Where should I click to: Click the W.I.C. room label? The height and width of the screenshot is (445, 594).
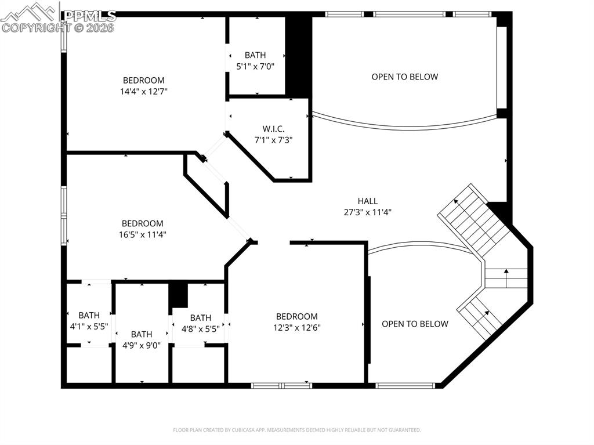pyautogui.click(x=273, y=129)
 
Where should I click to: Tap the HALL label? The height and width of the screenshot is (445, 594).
pyautogui.click(x=367, y=201)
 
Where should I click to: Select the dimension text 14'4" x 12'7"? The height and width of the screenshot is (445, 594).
pyautogui.click(x=143, y=91)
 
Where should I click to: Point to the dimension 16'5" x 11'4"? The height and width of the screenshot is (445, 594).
pyautogui.click(x=143, y=234)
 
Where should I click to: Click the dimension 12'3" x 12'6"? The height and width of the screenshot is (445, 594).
pyautogui.click(x=296, y=327)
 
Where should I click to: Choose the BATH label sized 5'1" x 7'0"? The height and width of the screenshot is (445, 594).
pyautogui.click(x=255, y=55)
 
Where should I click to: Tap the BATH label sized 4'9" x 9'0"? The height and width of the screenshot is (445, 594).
pyautogui.click(x=142, y=334)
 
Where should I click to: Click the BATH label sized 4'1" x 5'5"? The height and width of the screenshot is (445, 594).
pyautogui.click(x=89, y=315)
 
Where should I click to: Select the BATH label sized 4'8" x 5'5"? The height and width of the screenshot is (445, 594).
pyautogui.click(x=200, y=317)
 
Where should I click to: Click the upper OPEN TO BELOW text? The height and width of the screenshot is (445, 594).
pyautogui.click(x=404, y=77)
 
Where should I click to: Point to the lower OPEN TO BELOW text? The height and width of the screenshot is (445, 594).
pyautogui.click(x=415, y=324)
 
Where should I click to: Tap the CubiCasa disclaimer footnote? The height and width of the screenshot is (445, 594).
pyautogui.click(x=296, y=430)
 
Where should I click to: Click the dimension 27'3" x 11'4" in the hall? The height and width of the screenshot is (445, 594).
pyautogui.click(x=367, y=212)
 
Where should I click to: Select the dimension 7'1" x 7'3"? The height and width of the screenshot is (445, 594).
pyautogui.click(x=273, y=140)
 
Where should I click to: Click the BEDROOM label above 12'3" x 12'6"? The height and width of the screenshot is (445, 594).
pyautogui.click(x=296, y=316)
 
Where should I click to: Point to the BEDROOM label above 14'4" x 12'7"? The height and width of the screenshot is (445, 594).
pyautogui.click(x=143, y=80)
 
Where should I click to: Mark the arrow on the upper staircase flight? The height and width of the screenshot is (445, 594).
pyautogui.click(x=457, y=202)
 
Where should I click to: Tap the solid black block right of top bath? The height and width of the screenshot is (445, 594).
pyautogui.click(x=299, y=55)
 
